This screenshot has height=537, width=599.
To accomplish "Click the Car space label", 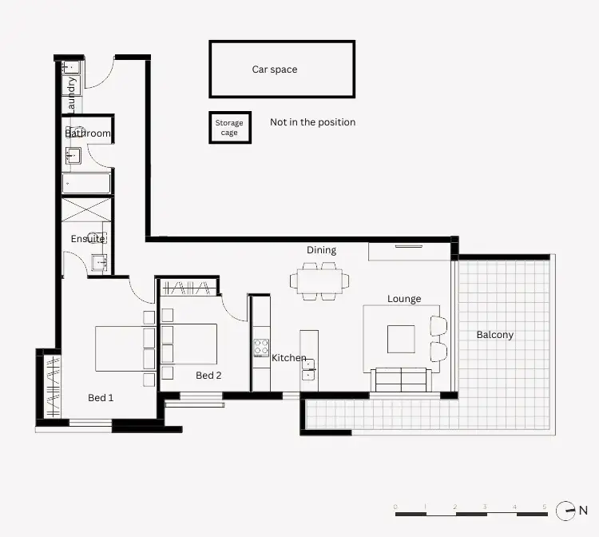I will [274, 70].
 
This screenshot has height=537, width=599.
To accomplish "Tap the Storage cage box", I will [230, 128].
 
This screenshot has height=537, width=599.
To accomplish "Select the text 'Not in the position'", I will [312, 122].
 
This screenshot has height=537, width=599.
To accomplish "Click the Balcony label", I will [494, 335].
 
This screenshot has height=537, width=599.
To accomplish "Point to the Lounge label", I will [404, 299].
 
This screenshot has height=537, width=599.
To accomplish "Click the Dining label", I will [321, 250].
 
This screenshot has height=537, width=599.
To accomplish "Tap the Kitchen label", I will [289, 358].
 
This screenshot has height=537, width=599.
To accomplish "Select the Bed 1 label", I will [101, 398].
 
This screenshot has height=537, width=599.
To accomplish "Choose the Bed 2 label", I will [208, 375].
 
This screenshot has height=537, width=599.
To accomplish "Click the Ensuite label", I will [88, 239].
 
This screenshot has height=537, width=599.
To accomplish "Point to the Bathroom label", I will [88, 133].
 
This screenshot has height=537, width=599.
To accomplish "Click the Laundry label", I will [71, 93].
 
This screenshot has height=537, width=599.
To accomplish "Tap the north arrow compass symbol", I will [565, 509].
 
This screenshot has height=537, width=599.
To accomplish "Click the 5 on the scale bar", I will [544, 507].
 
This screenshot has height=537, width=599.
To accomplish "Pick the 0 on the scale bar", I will [396, 507].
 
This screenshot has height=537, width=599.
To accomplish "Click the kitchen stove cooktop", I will [260, 348].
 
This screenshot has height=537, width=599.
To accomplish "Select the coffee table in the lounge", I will [401, 339].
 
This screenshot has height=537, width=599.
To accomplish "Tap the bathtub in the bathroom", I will [87, 183].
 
